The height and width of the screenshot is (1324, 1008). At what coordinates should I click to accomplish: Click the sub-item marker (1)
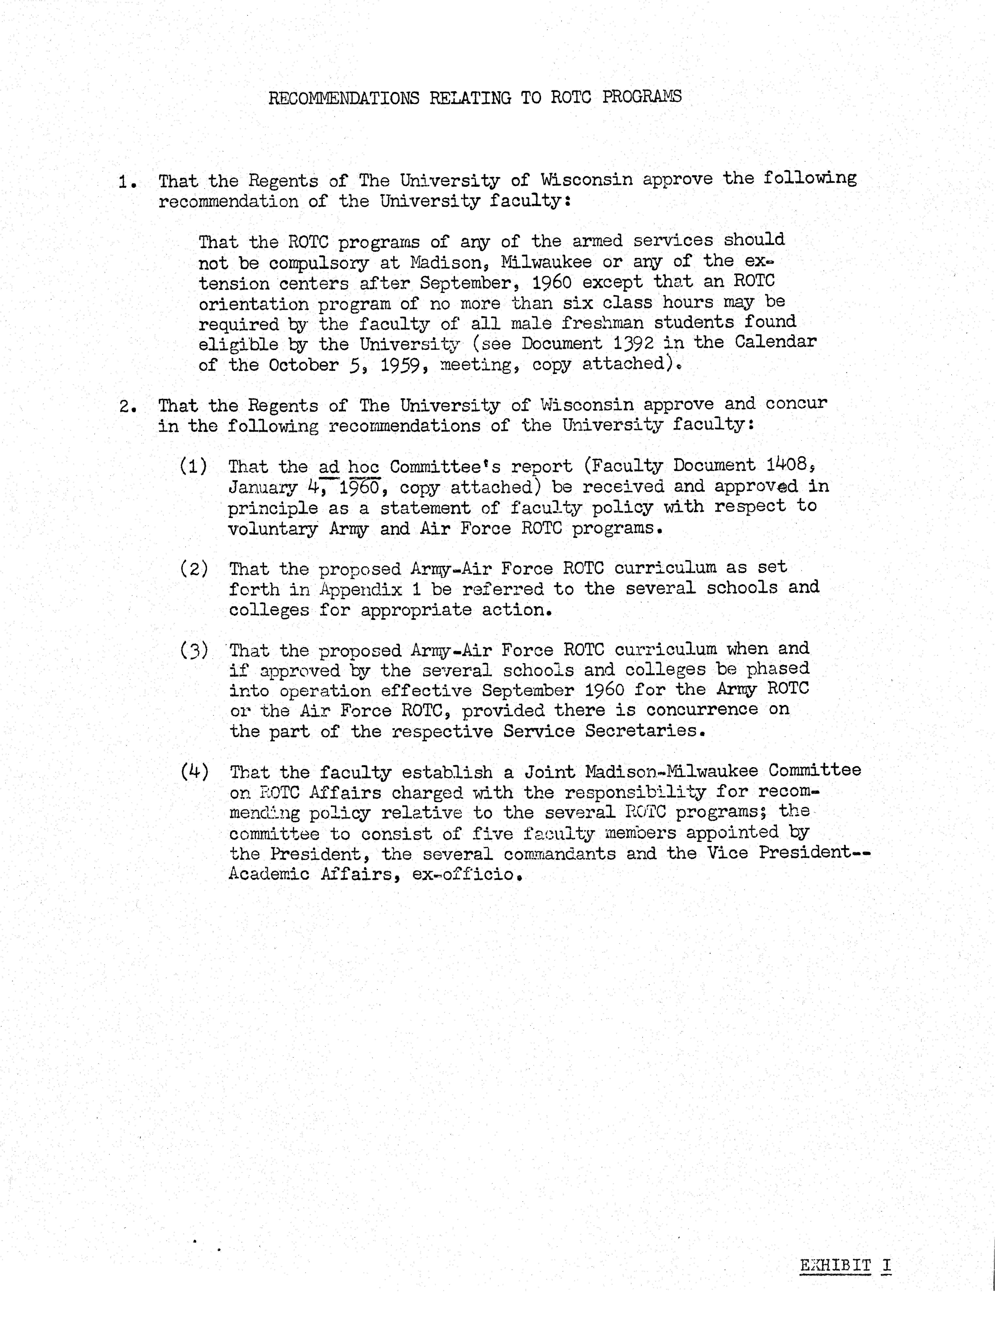click(x=193, y=466)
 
